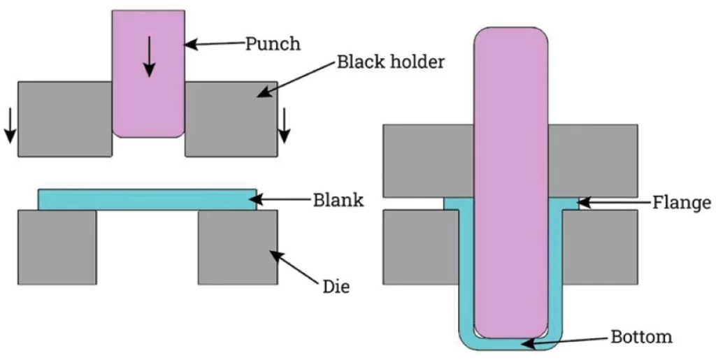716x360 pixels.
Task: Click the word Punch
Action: [x=272, y=44]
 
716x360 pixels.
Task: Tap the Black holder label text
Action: [x=390, y=62]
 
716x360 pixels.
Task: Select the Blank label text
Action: [x=338, y=201]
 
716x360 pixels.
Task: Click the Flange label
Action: [x=682, y=203]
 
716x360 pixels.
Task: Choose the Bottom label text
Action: [x=641, y=337]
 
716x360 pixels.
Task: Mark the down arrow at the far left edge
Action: [x=8, y=127]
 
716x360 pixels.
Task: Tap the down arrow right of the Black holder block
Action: [x=283, y=126]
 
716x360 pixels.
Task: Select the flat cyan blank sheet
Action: [x=147, y=200]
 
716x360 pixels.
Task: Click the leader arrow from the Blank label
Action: [x=283, y=201]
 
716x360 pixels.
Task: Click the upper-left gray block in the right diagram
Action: [x=428, y=159]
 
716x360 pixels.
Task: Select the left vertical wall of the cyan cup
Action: [x=464, y=273]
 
